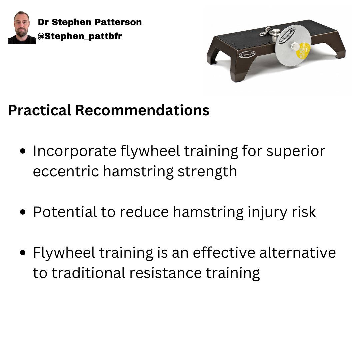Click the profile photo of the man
(22, 28)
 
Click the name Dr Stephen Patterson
(90, 22)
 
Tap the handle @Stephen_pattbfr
(80, 36)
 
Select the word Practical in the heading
(39, 111)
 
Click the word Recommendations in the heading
(142, 111)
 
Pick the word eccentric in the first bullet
(66, 172)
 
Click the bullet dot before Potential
(23, 212)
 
